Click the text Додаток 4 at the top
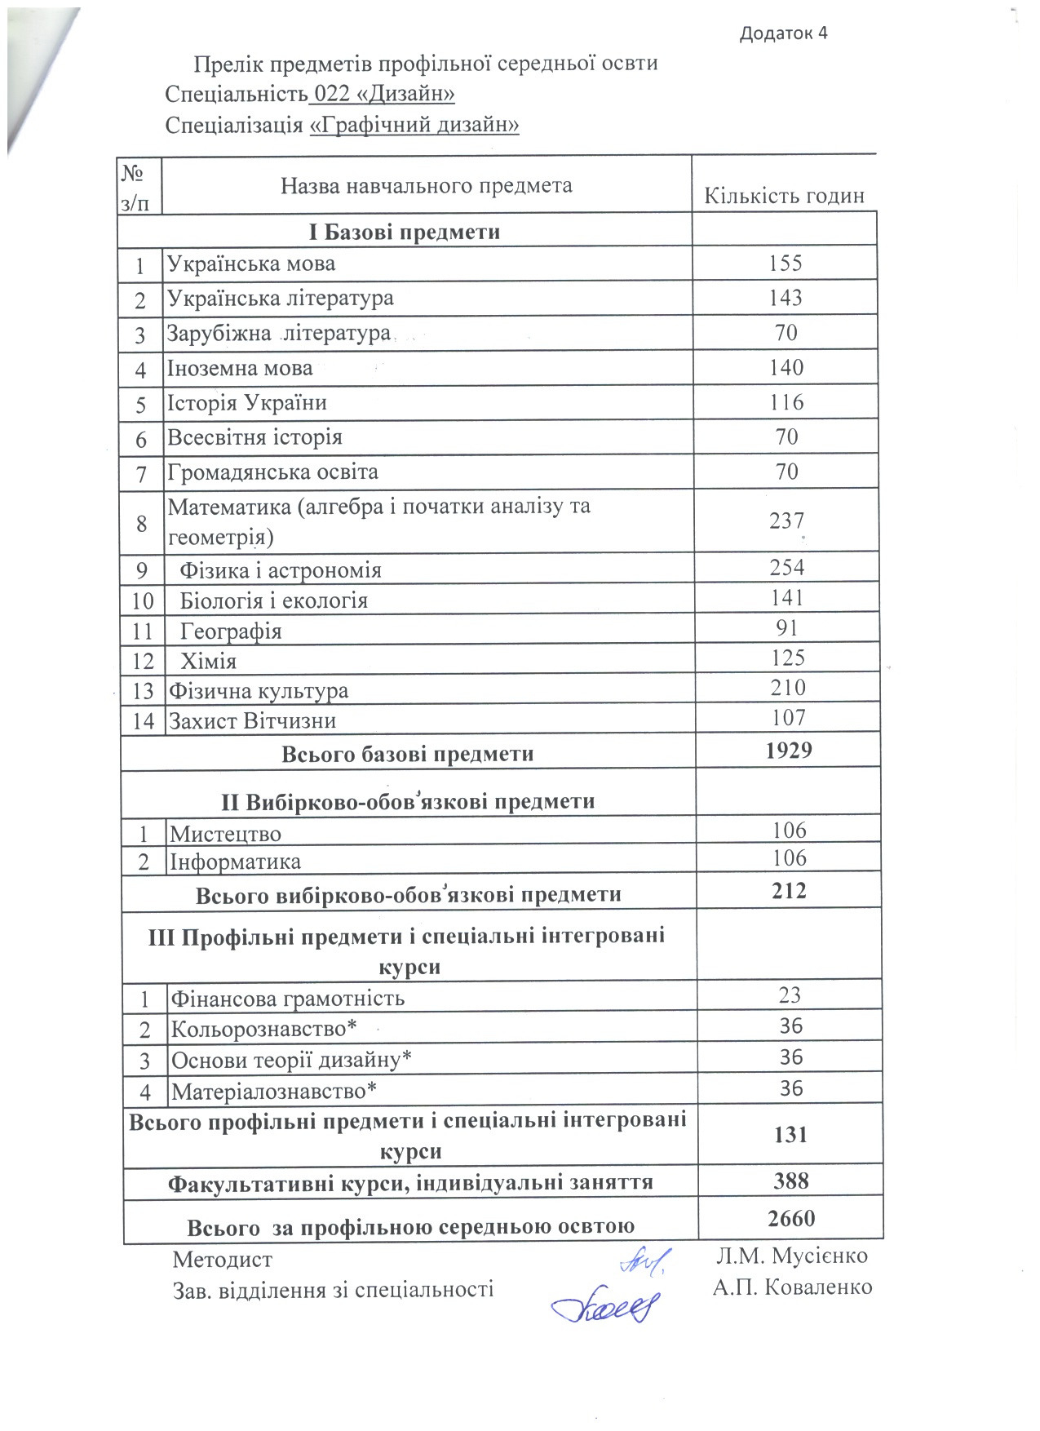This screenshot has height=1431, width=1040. (783, 33)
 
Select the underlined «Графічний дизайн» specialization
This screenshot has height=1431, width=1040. (414, 125)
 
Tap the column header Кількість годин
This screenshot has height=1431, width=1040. (784, 196)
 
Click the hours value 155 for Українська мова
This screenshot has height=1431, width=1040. (786, 263)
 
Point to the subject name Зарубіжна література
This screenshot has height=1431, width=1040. (279, 333)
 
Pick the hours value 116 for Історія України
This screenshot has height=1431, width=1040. (786, 402)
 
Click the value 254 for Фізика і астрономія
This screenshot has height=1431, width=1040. (786, 568)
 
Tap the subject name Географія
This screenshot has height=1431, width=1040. (231, 631)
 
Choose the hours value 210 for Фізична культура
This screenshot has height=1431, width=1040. (788, 688)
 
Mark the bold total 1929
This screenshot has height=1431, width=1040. (789, 751)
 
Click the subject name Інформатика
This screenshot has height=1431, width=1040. (235, 862)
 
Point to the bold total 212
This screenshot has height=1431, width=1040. (790, 891)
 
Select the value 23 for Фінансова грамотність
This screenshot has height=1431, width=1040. (790, 995)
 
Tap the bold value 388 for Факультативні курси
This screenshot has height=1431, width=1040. (791, 1181)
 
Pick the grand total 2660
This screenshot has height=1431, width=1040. (791, 1218)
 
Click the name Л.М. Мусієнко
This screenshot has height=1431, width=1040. (791, 1256)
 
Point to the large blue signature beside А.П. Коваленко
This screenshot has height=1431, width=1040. (604, 1307)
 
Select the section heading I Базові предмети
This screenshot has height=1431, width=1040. (405, 232)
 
